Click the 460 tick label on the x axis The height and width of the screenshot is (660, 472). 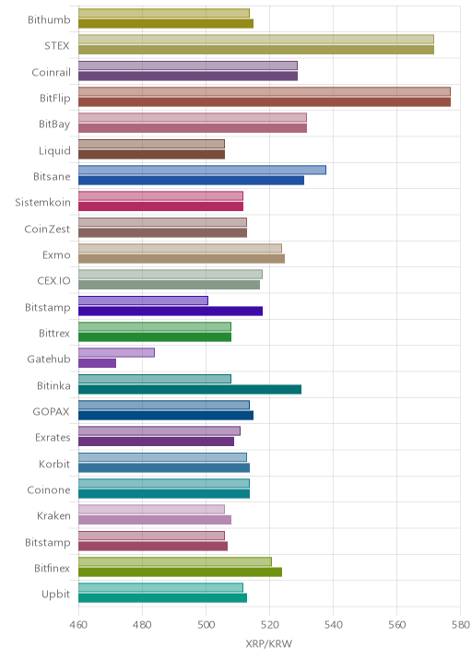pos(78,625)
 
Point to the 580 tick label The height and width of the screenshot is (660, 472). pos(460,625)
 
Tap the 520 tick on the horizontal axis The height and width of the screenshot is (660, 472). pos(269,625)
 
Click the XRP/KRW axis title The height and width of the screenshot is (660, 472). pos(268,643)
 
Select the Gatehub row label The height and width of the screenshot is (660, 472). pos(49,359)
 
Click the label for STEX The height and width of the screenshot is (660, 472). pos(57,45)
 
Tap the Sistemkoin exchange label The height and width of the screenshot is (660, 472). pos(43,203)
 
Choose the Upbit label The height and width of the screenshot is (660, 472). pos(55,595)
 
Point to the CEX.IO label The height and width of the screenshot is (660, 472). pos(53,281)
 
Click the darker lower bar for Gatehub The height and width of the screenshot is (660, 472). pos(98,363)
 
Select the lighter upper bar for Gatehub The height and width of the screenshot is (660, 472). pos(117,353)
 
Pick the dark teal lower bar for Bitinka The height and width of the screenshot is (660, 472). pos(190,389)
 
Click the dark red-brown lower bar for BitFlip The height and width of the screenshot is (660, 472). pos(265,102)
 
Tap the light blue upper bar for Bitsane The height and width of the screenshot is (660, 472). pos(202,170)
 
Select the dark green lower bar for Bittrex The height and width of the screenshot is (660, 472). pos(155,337)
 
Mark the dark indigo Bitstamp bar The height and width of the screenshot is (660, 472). pos(171,311)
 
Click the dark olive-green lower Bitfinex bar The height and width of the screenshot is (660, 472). pos(180,572)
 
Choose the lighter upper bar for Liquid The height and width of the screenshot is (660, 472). pos(151,144)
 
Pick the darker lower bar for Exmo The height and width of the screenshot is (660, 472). pos(182,259)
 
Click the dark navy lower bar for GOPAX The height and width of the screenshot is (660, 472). pos(166,416)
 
